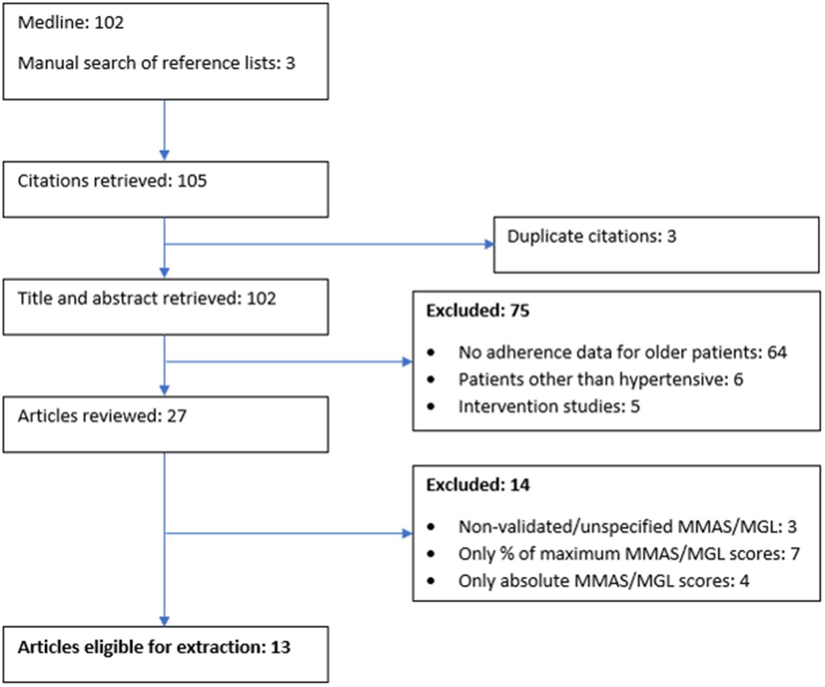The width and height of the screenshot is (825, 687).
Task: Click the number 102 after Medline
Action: pyautogui.click(x=109, y=23)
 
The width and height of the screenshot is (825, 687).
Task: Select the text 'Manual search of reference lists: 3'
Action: pyautogui.click(x=156, y=63)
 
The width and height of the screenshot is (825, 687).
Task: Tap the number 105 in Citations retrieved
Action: pyautogui.click(x=192, y=181)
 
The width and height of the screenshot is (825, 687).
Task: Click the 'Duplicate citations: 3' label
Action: pyautogui.click(x=591, y=237)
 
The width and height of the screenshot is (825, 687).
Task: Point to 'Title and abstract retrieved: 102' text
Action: pyautogui.click(x=147, y=298)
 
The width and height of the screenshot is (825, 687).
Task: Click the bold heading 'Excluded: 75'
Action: pyautogui.click(x=477, y=311)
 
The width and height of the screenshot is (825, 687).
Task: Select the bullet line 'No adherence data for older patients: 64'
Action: pyautogui.click(x=622, y=353)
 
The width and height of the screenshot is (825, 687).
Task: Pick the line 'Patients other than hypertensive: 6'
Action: pyautogui.click(x=600, y=380)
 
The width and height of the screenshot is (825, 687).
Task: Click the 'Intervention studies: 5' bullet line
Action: pyautogui.click(x=549, y=406)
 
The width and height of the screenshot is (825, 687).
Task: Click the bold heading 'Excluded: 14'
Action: pyautogui.click(x=477, y=485)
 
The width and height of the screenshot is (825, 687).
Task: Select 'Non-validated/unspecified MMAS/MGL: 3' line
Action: pyautogui.click(x=627, y=527)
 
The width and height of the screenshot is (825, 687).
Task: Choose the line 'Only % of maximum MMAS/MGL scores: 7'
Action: pyautogui.click(x=629, y=554)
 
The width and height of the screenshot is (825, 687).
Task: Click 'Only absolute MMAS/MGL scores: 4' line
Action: pyautogui.click(x=603, y=581)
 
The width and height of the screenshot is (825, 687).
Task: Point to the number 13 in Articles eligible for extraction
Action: pyautogui.click(x=280, y=647)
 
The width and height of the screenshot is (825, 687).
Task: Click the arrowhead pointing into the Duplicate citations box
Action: pyautogui.click(x=489, y=245)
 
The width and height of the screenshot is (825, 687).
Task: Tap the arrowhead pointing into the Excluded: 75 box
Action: pyautogui.click(x=407, y=362)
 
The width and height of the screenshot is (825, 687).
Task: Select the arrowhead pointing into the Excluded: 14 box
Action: pyautogui.click(x=407, y=533)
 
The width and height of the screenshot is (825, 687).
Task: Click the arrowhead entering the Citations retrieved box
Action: pyautogui.click(x=164, y=155)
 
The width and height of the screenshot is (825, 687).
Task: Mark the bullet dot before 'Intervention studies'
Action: pyautogui.click(x=431, y=407)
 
